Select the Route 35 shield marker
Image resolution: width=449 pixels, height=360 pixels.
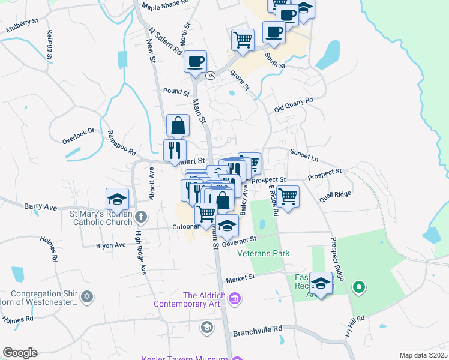[x=210, y=76]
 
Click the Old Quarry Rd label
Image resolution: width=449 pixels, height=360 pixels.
[x=294, y=104]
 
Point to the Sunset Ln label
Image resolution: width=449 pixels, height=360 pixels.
[x=304, y=155]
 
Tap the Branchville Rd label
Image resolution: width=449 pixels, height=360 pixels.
[x=257, y=329]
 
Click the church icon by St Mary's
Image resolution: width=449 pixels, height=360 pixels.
[x=141, y=216]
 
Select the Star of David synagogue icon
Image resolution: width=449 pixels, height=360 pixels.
[x=88, y=296]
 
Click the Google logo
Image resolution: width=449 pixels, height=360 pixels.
[x=20, y=353]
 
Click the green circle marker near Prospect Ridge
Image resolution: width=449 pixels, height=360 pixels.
[x=359, y=287]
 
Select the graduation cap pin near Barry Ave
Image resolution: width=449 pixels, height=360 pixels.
[x=117, y=198]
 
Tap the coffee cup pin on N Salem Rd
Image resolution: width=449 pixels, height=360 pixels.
[x=196, y=61]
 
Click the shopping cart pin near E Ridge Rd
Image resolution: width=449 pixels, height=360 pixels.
[x=288, y=196]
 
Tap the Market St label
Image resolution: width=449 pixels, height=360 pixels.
[x=241, y=278]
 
